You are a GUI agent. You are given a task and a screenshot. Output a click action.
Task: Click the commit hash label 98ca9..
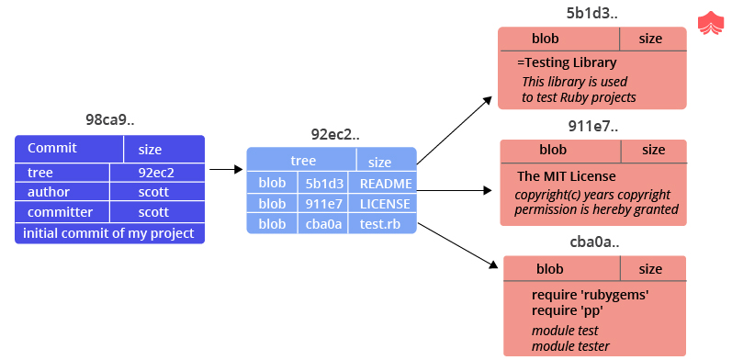(x=109, y=120)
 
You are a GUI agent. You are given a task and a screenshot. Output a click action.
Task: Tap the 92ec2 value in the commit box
(x=156, y=172)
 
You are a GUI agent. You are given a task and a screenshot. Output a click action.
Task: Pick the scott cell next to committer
(x=156, y=212)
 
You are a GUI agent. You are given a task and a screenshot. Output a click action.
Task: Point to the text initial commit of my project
(x=108, y=233)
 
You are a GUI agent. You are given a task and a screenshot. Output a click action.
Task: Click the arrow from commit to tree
(x=224, y=169)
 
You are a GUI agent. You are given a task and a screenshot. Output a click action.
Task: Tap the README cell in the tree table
(x=386, y=183)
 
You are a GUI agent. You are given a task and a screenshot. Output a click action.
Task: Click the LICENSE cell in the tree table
(x=385, y=203)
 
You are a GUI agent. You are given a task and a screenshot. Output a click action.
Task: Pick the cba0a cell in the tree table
(x=321, y=223)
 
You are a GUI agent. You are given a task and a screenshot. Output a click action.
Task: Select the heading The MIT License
(x=567, y=176)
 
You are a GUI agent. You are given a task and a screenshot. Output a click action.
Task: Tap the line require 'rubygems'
(x=591, y=295)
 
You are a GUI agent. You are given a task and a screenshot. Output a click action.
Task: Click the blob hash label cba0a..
(x=594, y=242)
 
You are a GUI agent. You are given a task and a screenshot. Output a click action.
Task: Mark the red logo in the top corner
(x=711, y=23)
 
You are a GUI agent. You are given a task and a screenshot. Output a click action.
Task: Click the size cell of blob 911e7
(x=653, y=150)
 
